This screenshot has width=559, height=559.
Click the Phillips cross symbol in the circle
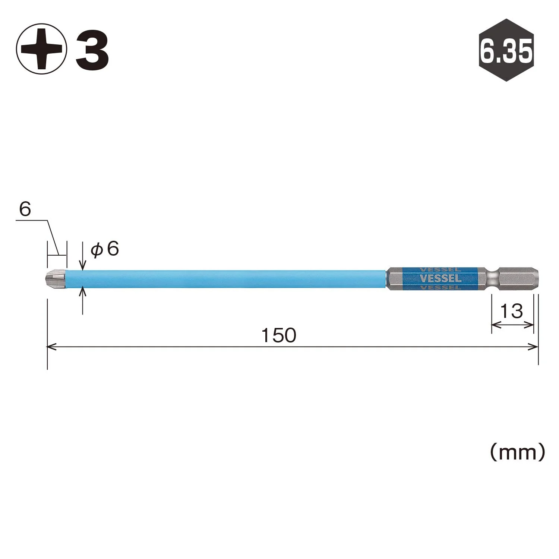point(41,49)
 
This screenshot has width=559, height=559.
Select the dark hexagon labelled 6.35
point(506,50)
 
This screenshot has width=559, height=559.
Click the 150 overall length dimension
point(278,335)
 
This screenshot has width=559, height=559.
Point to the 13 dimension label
point(511,311)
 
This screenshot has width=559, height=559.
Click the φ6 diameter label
point(105,249)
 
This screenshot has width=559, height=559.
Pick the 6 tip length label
point(25,209)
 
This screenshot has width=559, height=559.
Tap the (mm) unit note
point(517,452)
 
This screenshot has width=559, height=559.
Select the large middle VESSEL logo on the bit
point(440,278)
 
